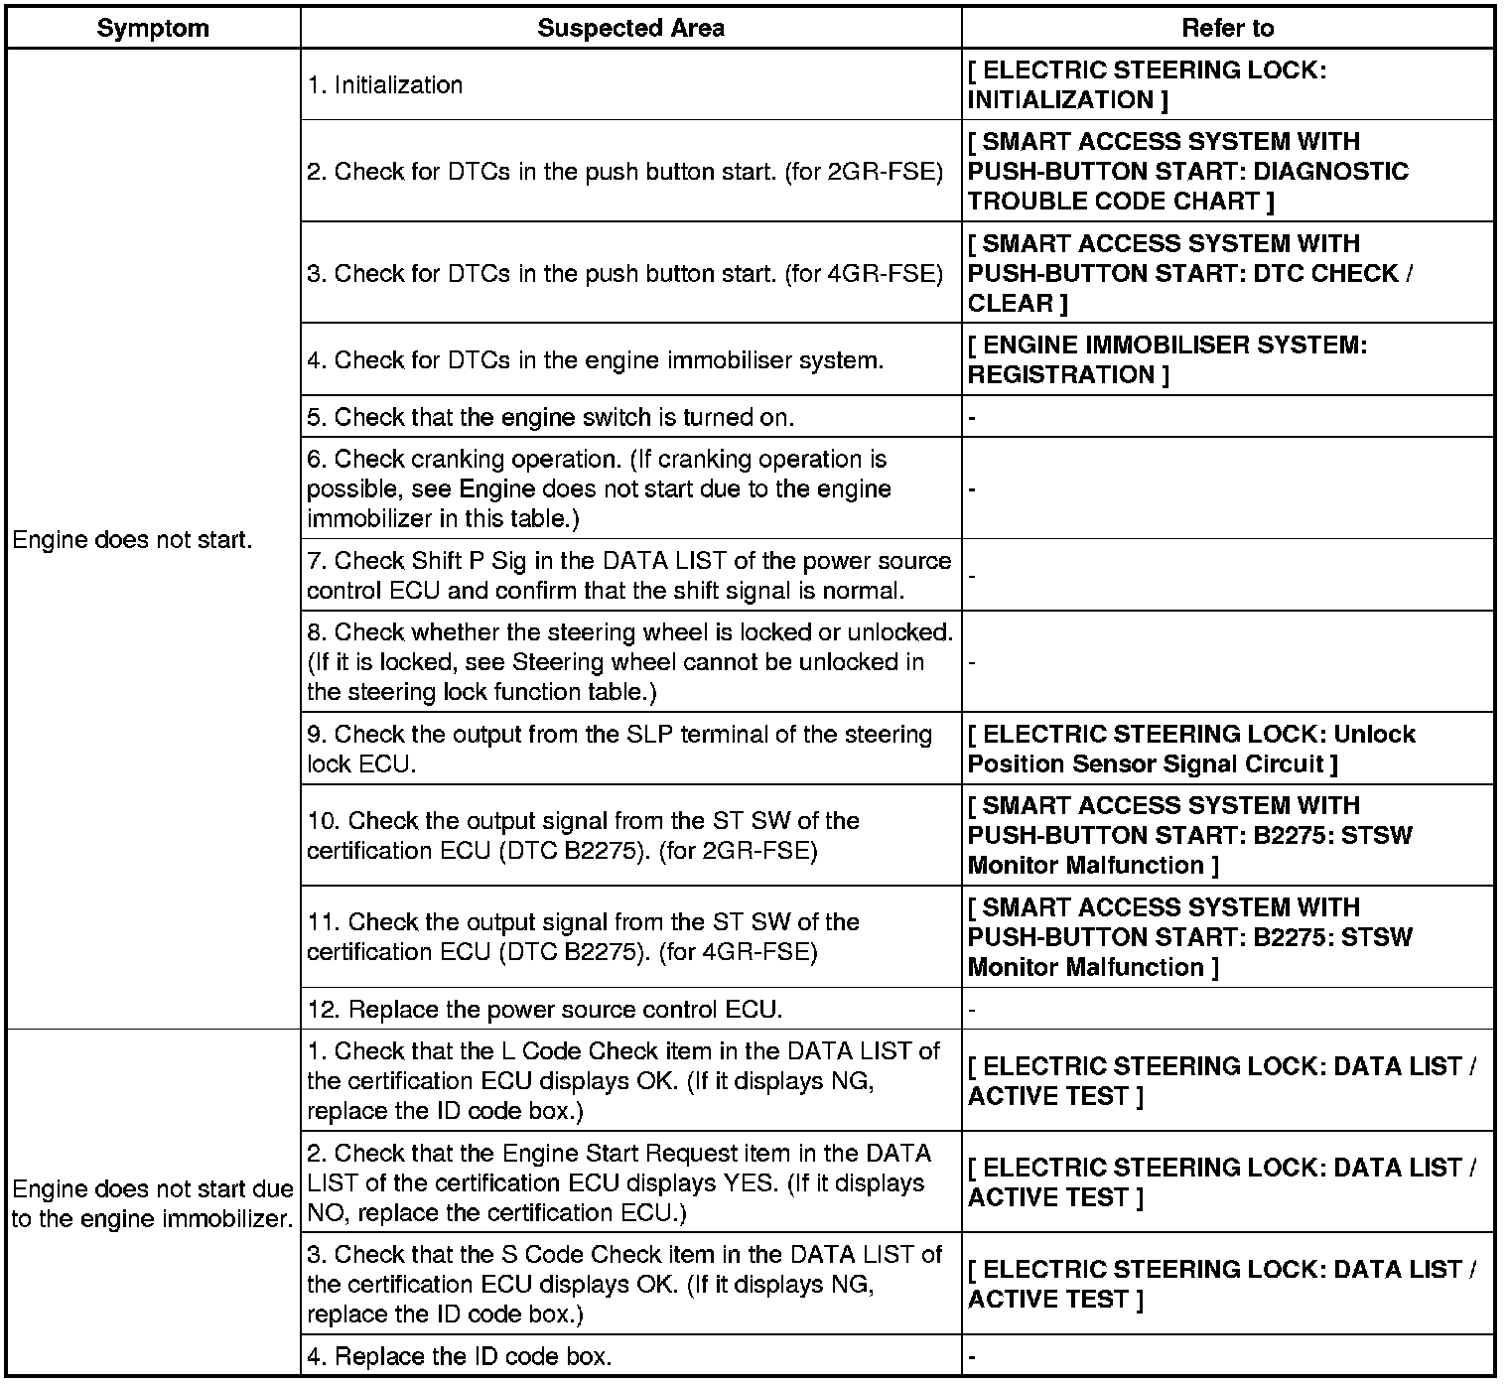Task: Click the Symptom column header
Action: (x=153, y=28)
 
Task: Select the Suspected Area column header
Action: (x=630, y=28)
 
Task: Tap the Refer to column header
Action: (x=1227, y=28)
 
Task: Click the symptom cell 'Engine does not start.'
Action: (x=132, y=540)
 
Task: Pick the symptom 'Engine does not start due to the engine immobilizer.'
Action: (x=153, y=1203)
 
